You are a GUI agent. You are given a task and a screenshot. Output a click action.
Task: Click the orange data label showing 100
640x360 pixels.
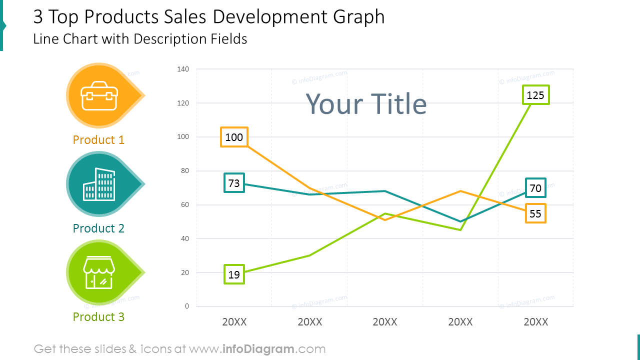coord(234,137)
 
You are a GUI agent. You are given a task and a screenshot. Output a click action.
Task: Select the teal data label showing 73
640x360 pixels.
coord(234,183)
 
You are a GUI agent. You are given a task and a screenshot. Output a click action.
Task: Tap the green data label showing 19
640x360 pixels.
coord(234,274)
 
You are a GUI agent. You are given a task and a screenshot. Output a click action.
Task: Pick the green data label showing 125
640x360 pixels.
coord(535,95)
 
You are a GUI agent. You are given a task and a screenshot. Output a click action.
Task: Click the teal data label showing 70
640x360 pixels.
coord(535,188)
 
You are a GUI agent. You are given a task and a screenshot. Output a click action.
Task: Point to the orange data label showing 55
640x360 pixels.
coord(535,213)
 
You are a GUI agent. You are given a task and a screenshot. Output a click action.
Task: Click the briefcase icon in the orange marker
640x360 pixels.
coord(100,95)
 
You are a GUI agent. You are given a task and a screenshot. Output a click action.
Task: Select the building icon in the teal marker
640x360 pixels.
coord(99,184)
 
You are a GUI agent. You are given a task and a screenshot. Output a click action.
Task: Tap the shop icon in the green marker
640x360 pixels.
coord(99,272)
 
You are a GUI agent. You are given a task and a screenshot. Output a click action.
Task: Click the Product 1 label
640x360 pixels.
coord(98,140)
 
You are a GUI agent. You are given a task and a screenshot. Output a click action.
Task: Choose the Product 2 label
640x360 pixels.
coord(98,228)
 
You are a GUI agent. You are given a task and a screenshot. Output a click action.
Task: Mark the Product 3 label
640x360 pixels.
coord(98,317)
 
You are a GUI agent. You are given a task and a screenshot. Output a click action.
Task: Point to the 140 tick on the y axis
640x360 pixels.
coord(183,69)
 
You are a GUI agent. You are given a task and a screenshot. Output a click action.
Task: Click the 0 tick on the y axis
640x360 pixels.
coord(187,306)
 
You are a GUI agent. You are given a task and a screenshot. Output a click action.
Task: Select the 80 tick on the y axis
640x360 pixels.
coord(184,171)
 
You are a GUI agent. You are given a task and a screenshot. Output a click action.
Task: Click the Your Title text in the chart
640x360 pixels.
coord(366,104)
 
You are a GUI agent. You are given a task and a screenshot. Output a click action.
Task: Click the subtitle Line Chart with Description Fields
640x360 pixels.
coord(140,39)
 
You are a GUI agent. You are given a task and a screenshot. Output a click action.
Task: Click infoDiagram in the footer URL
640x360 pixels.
coord(257,349)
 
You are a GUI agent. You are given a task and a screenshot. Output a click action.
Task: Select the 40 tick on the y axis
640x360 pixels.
coord(184,238)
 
